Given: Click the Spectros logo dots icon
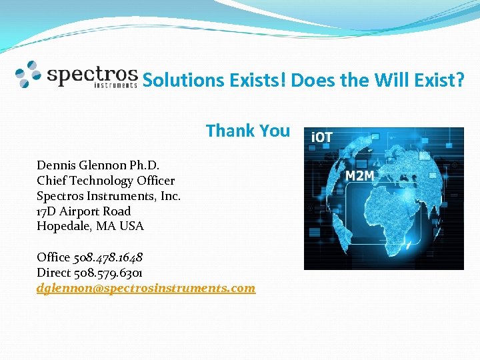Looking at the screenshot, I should tap(29, 74).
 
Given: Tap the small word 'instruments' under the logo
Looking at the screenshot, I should tap(115, 85).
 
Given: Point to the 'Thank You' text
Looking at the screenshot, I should tap(248, 131).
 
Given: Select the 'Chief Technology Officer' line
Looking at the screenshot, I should tap(105, 181).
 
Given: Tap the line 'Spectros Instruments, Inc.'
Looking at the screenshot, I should tap(109, 196).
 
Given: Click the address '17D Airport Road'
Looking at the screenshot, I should tap(83, 211).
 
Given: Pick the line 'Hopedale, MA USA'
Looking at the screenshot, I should tap(90, 226).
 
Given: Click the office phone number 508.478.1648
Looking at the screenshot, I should tap(108, 257).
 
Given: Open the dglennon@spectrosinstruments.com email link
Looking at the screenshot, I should tap(145, 288).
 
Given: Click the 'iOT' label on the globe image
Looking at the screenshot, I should tap(322, 137).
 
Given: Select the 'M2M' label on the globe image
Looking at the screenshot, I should tap(359, 176).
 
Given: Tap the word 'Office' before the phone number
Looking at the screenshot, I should tap(53, 257).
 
